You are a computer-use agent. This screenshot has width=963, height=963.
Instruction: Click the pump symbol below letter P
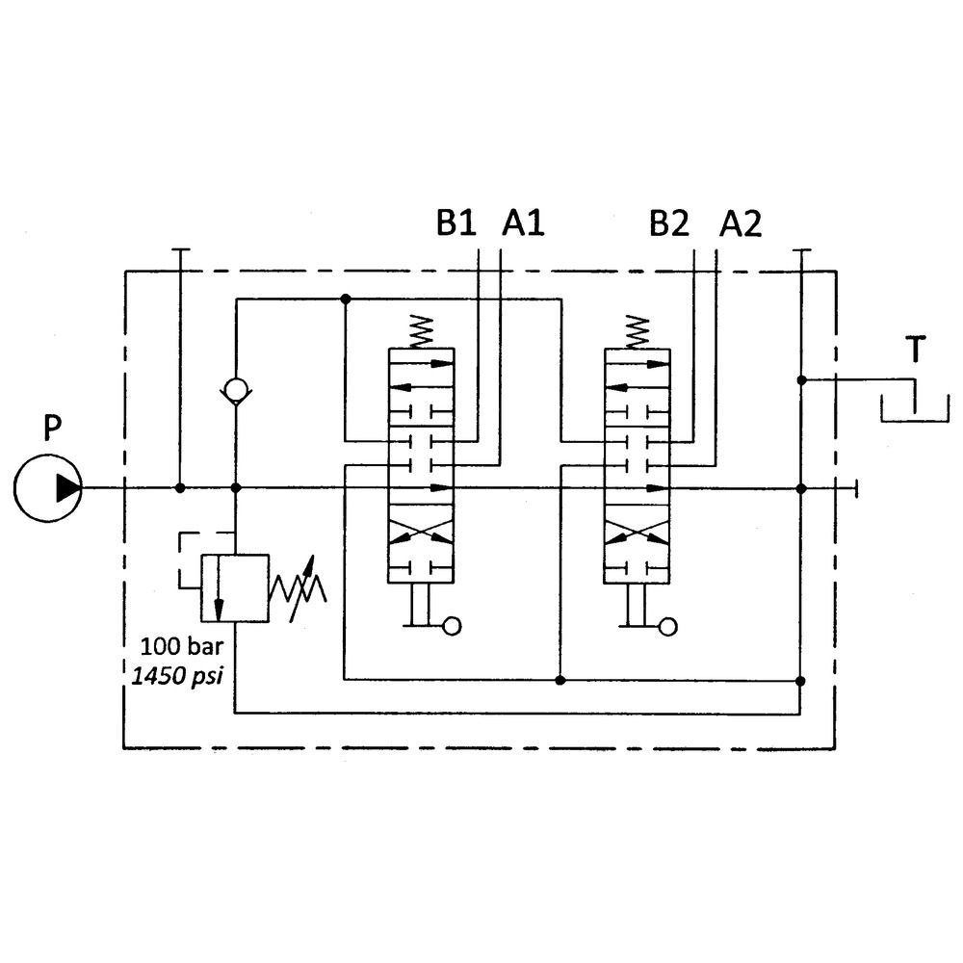(x=48, y=488)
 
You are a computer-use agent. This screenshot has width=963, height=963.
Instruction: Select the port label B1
(x=456, y=224)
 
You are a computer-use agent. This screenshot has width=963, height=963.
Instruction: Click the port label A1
(x=523, y=224)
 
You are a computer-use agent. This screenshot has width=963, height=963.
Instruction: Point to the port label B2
(x=669, y=224)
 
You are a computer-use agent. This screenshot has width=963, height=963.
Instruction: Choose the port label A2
(x=741, y=224)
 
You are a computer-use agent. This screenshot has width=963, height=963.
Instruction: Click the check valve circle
(x=236, y=391)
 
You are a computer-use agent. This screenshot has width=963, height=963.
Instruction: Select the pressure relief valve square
(x=234, y=587)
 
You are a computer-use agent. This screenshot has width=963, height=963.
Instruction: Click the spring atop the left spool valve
(x=421, y=332)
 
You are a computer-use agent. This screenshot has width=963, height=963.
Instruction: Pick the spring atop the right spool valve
(x=637, y=332)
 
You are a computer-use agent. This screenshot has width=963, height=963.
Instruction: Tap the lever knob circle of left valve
(x=451, y=626)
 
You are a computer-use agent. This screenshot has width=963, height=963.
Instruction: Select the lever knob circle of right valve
(x=666, y=626)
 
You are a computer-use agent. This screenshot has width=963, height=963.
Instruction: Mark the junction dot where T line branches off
(x=801, y=379)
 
